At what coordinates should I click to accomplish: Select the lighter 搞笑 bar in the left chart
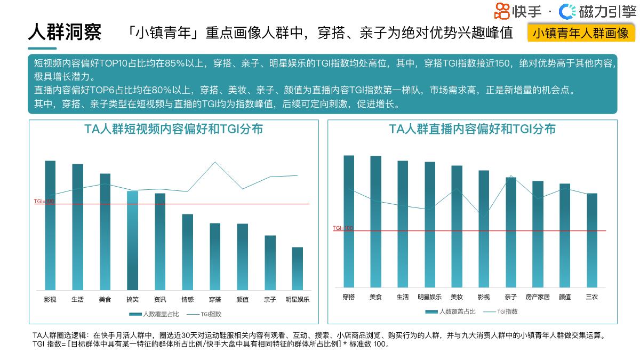(132, 240)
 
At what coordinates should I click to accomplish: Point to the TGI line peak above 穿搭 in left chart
(215, 162)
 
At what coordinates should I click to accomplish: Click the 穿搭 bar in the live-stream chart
(349, 221)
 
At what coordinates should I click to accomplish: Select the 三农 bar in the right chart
(592, 241)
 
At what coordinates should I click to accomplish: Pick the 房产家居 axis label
(537, 297)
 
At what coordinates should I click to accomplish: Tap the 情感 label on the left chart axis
(187, 300)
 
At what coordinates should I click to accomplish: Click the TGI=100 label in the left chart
(44, 201)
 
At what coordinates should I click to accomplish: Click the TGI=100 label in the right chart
(342, 228)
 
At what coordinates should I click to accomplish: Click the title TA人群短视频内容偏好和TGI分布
(173, 129)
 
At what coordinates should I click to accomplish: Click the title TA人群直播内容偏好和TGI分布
(472, 129)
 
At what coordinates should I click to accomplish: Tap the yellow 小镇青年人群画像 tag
(580, 33)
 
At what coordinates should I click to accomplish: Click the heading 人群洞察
(65, 33)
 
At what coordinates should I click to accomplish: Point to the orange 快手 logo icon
(502, 11)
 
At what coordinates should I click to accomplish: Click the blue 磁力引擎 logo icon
(567, 11)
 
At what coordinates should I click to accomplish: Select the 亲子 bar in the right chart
(511, 232)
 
